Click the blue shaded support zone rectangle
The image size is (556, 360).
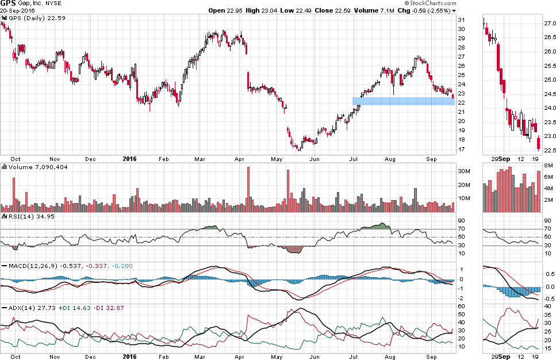click(x=402, y=101)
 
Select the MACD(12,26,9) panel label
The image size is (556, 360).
click(x=28, y=266)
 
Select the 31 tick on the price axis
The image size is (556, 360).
click(x=461, y=20)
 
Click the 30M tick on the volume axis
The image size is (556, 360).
click(x=465, y=171)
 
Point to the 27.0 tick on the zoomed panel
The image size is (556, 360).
click(x=550, y=24)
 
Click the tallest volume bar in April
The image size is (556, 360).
click(x=248, y=190)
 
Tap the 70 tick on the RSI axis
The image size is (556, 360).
click(x=461, y=229)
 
